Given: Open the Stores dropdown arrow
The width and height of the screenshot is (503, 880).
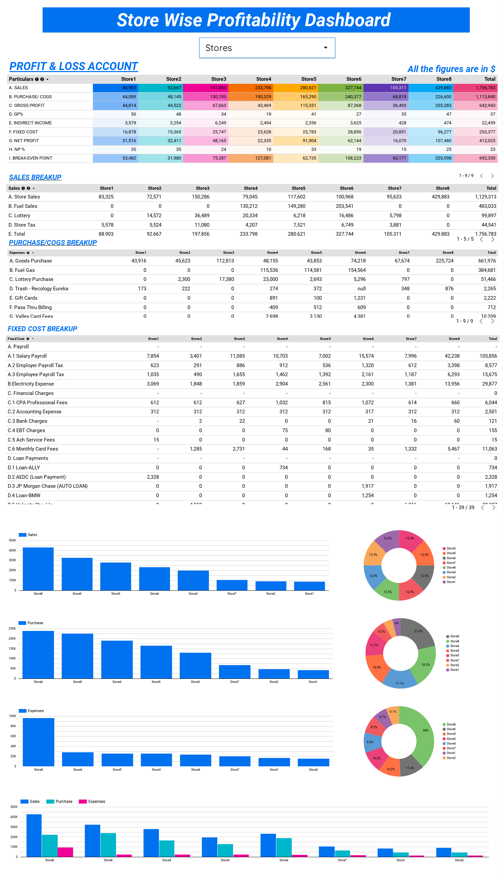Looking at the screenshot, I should tap(325, 48).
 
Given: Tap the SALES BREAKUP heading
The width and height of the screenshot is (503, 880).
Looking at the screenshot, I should tap(35, 177).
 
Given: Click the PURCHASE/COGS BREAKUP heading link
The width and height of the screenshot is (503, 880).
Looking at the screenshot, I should tap(53, 243).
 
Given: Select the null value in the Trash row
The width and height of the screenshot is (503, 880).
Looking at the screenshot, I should tap(361, 289).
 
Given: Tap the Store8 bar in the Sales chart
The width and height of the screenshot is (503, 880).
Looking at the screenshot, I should tap(38, 569).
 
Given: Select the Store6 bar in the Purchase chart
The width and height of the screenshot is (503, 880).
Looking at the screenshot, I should tap(38, 654).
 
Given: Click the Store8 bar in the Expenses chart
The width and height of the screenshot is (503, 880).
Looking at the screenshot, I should tap(38, 742).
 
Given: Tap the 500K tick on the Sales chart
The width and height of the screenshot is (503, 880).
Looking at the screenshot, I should tap(12, 540).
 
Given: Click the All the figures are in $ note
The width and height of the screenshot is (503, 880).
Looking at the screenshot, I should tap(451, 69).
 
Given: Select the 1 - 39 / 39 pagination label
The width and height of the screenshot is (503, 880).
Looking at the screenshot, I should tap(463, 507).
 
